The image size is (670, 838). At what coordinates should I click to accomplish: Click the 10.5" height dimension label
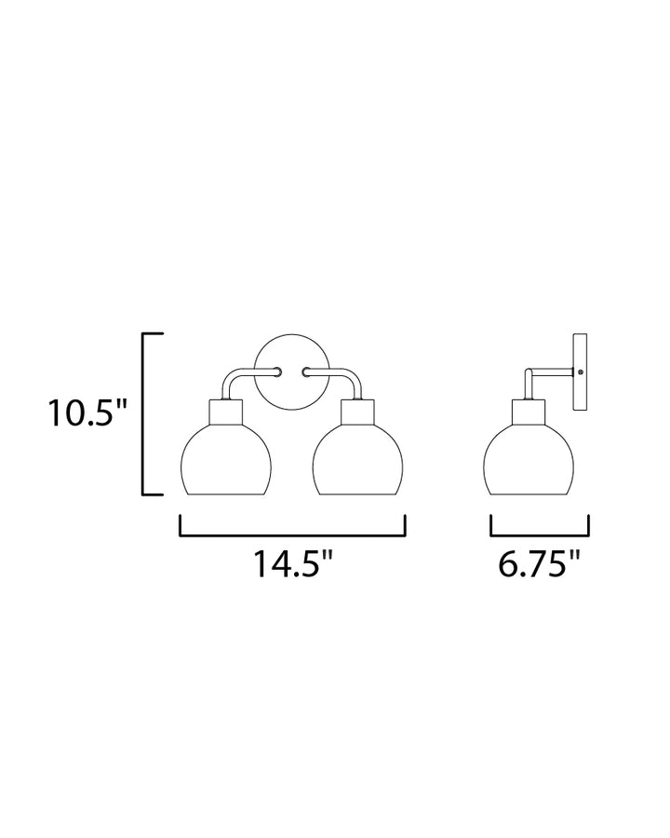[x=88, y=412]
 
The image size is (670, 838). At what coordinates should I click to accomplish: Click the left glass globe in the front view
[x=226, y=461]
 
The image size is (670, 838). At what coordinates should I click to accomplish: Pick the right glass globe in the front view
[x=358, y=461]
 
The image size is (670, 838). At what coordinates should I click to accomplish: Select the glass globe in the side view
[x=529, y=461]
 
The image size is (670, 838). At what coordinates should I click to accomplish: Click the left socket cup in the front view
[x=226, y=412]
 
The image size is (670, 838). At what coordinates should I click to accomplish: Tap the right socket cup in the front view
[x=358, y=412]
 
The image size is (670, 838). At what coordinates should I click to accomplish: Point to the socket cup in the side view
[x=529, y=412]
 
